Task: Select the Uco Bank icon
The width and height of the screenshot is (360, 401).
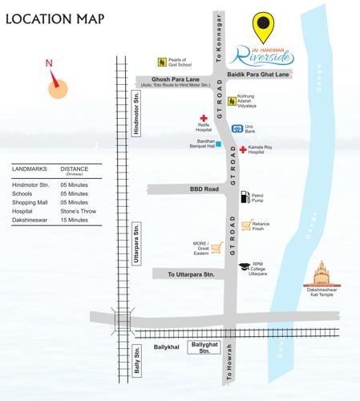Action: tap(237, 129)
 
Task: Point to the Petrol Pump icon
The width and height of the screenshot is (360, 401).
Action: tap(245, 196)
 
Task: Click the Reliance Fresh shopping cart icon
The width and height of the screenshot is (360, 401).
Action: tap(247, 225)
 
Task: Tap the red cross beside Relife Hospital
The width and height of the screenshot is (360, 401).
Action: tap(203, 117)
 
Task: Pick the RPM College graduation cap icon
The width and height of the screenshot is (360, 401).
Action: tap(244, 265)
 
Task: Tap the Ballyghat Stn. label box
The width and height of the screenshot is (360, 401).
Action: tap(202, 346)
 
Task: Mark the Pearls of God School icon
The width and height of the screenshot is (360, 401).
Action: tap(161, 61)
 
